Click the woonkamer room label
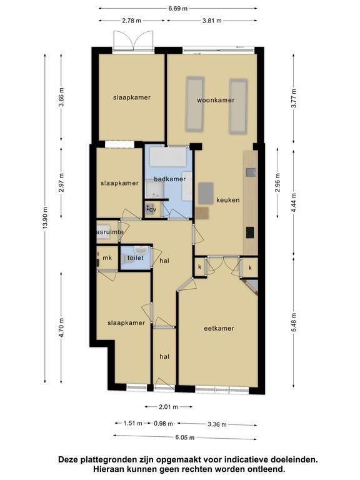(x=216, y=100)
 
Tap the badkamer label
(x=169, y=179)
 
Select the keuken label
(x=227, y=200)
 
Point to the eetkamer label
(x=219, y=329)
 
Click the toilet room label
(x=135, y=257)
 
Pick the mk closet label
(x=107, y=257)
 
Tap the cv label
(x=152, y=210)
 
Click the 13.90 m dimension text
(x=45, y=218)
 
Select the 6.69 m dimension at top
(x=178, y=9)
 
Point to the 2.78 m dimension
(x=132, y=21)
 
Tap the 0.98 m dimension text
(x=164, y=424)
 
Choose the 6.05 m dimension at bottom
(x=185, y=437)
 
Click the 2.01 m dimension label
(x=168, y=407)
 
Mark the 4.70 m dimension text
(x=61, y=327)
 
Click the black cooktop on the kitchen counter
(x=250, y=232)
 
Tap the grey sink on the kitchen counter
(x=251, y=172)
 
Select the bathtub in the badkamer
(x=168, y=156)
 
